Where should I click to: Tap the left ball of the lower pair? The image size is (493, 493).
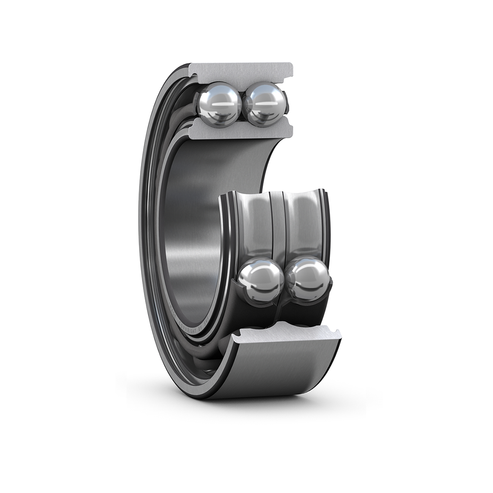(260, 278)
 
